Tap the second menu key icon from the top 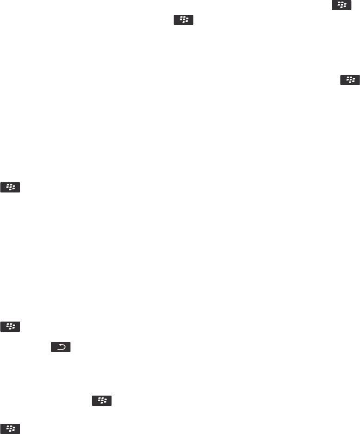183,20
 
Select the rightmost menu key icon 350,80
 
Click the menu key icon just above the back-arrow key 11,327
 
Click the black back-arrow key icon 61,347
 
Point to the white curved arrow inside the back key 61,347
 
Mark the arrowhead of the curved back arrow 57,345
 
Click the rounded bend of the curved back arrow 64,347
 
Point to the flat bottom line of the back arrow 60,348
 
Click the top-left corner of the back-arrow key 51,342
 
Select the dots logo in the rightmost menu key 350,80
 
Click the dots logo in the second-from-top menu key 183,20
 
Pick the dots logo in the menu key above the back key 11,327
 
